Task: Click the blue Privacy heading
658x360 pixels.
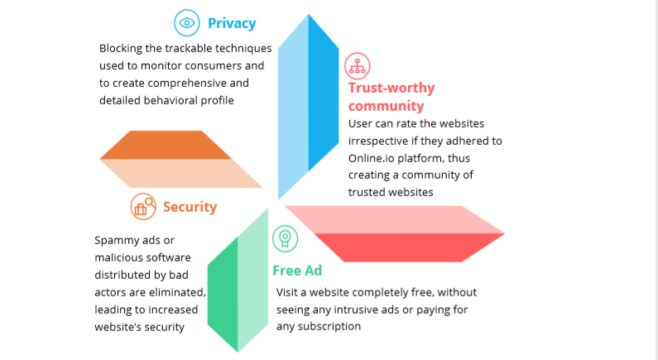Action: [x=232, y=23]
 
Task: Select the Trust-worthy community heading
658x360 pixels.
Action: [x=391, y=97]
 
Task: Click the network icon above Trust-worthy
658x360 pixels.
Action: [x=358, y=65]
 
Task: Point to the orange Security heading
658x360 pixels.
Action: [x=190, y=207]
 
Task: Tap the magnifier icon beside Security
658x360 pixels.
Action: [x=143, y=206]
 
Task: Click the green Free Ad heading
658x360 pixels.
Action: [x=296, y=271]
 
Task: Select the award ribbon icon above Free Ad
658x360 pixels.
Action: [x=284, y=239]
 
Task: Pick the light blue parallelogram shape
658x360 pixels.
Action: [x=291, y=116]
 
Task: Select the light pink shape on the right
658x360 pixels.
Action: [x=389, y=219]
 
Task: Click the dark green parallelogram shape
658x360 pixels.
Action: [x=224, y=295]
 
